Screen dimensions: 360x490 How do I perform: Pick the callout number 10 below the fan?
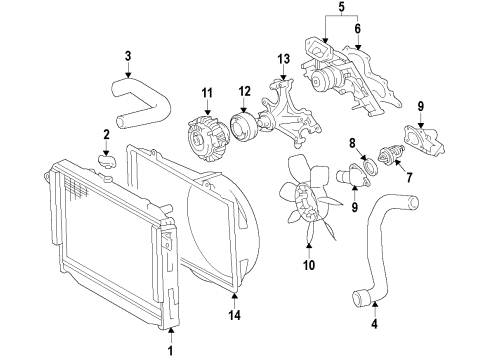click(309, 266)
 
